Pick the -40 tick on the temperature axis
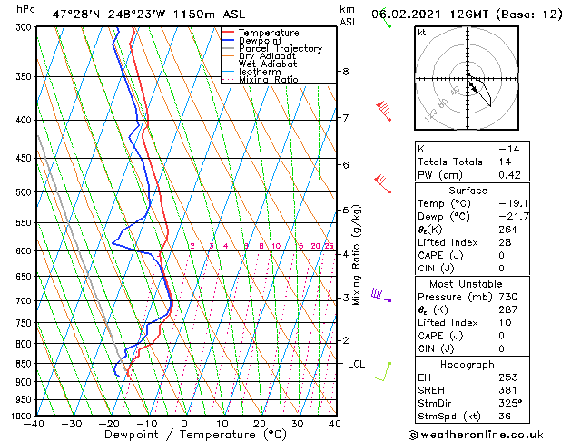pos(35,424)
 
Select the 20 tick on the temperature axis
pos(260,424)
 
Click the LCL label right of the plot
pos(356,364)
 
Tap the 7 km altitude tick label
pos(346,118)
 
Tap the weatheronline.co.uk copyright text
pos(487,433)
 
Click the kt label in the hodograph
pos(421,33)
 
